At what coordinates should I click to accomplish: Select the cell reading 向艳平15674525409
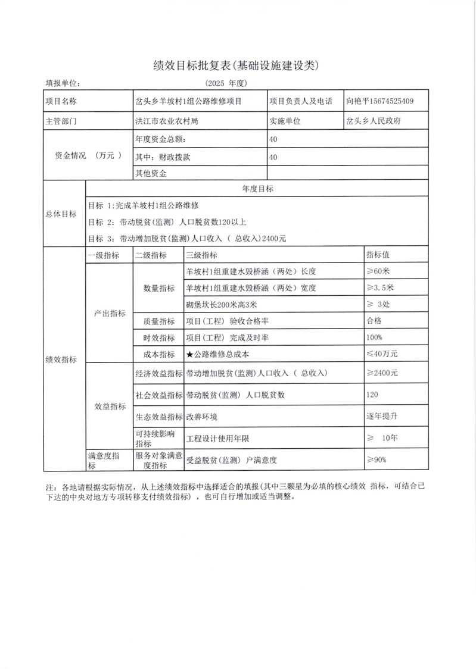tap(379, 101)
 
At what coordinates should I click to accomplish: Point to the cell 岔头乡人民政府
tap(374, 120)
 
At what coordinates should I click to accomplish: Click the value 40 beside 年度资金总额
tap(274, 140)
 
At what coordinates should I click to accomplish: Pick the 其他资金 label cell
tap(151, 174)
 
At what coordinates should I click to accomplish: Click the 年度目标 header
tap(257, 189)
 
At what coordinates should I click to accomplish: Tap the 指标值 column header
tap(378, 255)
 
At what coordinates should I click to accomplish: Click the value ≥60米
tap(378, 271)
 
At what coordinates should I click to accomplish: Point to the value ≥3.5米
tap(381, 288)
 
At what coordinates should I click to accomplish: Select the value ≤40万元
tap(382, 354)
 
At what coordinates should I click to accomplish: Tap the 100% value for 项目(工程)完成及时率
tap(375, 337)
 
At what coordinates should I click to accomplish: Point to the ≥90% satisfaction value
tap(377, 459)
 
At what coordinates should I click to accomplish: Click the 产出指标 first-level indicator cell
tap(110, 313)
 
